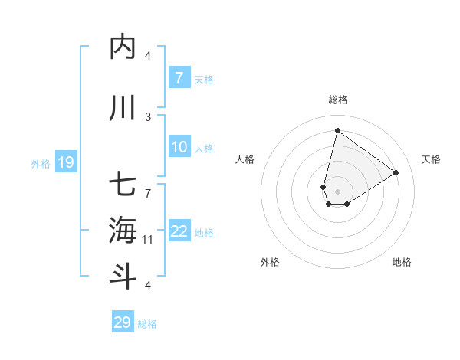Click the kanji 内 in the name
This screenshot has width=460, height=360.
coord(123,47)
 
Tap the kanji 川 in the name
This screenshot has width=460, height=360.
coord(123,109)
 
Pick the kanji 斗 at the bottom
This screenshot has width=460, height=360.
coord(123,275)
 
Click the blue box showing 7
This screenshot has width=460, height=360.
coord(179,78)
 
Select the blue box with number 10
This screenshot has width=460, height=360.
coord(179,147)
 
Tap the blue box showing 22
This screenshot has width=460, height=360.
coord(179,231)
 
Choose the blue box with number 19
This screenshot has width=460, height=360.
coord(66,162)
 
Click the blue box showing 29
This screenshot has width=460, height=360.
coord(123,322)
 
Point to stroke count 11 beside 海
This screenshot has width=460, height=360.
coord(148,240)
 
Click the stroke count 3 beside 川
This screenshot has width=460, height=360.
coord(148,116)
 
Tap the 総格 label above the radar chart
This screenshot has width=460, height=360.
coord(337,100)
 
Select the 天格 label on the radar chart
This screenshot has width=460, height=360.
coord(431,159)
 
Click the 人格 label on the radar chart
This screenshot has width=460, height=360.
coord(245,159)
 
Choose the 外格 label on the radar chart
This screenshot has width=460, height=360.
coord(270,262)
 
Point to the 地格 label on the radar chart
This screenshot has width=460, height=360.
coord(402,262)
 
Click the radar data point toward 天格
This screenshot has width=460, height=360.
coord(396,172)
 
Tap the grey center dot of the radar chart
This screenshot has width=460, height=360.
coord(337,191)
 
